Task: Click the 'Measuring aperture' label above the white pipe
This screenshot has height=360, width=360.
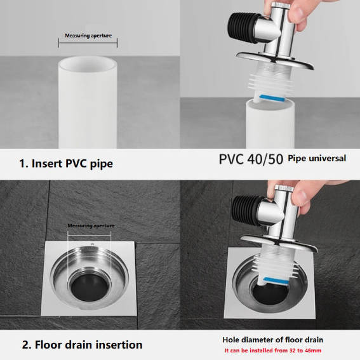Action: point(88,36)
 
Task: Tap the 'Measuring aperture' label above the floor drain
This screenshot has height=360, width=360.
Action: point(91,225)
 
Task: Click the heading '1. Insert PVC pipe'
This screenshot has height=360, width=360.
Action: point(66,164)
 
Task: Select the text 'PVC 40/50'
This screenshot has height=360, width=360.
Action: point(251,159)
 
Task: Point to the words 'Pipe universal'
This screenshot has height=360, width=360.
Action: point(317,159)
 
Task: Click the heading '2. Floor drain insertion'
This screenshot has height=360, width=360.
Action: point(82,345)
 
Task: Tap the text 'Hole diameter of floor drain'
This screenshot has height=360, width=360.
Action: point(273,340)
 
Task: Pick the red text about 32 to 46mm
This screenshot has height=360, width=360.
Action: point(273,350)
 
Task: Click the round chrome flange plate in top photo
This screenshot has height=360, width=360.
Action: point(276,60)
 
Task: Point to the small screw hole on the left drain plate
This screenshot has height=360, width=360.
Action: point(92,244)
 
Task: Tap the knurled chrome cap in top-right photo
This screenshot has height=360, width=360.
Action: point(279,5)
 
